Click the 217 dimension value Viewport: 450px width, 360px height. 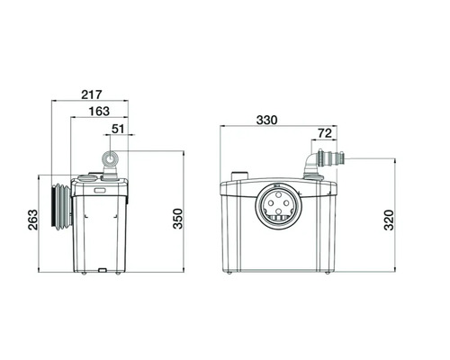click(x=92, y=94)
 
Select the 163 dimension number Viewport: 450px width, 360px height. click(x=99, y=112)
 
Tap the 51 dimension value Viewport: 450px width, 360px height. click(x=118, y=129)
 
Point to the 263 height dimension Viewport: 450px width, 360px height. click(x=33, y=220)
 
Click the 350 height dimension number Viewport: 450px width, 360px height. click(x=178, y=219)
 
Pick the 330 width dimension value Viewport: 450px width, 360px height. click(x=266, y=120)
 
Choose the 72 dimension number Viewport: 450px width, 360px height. click(x=325, y=133)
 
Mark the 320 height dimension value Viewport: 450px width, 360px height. click(x=389, y=220)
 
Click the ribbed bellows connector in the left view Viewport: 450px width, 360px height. click(x=62, y=207)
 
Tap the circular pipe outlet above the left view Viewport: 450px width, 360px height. click(x=111, y=159)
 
